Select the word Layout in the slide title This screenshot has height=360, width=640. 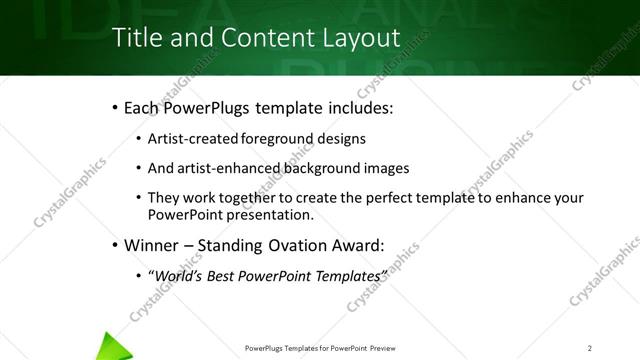358,38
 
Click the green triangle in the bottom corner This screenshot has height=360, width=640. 113,343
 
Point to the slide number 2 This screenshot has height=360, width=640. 590,348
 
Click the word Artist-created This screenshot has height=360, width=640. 192,140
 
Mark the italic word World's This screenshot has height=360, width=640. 176,275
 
